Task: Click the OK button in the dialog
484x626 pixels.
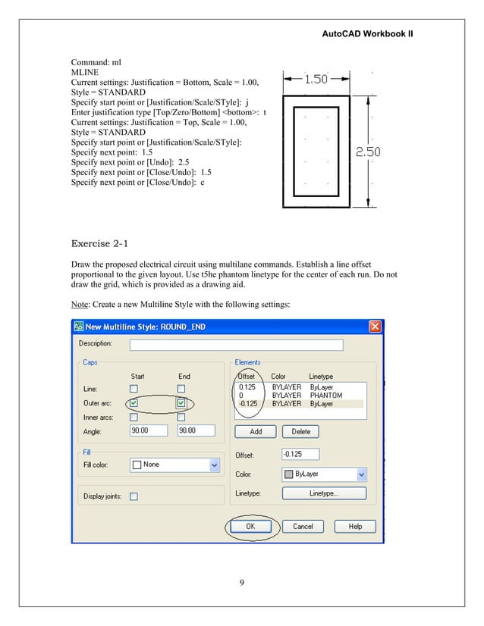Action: point(250,526)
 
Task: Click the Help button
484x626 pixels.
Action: point(354,526)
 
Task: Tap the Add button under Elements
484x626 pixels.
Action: point(256,431)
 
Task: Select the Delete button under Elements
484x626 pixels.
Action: point(300,431)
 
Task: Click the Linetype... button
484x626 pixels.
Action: point(324,493)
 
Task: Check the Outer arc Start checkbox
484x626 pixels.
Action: point(134,402)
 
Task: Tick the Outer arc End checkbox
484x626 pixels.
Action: point(181,402)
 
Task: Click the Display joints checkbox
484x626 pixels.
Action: point(134,496)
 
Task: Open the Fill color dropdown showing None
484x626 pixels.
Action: point(174,465)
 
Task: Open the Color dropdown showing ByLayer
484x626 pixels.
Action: point(324,474)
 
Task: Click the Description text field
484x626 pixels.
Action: point(236,345)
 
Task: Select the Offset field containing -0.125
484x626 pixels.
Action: point(300,454)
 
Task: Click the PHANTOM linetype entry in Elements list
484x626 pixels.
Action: point(326,396)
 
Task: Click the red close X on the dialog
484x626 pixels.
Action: point(375,327)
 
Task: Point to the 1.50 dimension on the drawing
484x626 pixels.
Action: point(316,79)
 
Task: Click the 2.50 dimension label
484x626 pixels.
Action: point(368,152)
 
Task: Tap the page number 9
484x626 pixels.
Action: point(241,581)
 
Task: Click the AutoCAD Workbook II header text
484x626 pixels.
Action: point(367,35)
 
